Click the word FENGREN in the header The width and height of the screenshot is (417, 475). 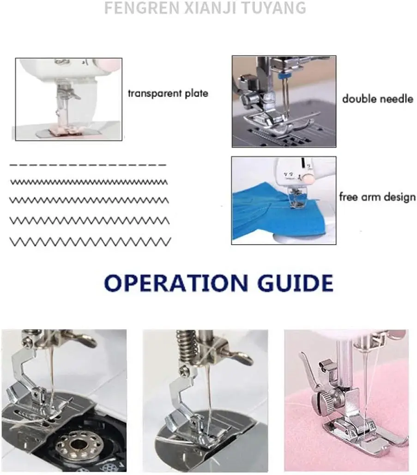(x=142, y=7)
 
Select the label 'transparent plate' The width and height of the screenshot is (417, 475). (x=168, y=93)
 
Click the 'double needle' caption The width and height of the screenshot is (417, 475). (x=377, y=99)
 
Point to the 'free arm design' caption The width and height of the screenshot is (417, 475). (x=377, y=197)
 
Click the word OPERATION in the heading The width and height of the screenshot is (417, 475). (x=175, y=283)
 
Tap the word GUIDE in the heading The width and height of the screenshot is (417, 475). (x=295, y=283)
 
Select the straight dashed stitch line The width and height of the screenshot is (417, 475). (x=88, y=165)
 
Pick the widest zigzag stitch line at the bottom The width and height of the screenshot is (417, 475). (x=90, y=242)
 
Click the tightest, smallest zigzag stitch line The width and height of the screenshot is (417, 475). (x=89, y=182)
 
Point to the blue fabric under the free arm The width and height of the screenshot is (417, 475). (x=272, y=212)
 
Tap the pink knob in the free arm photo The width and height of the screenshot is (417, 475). (x=309, y=178)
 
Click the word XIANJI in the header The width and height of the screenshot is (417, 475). (x=212, y=7)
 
